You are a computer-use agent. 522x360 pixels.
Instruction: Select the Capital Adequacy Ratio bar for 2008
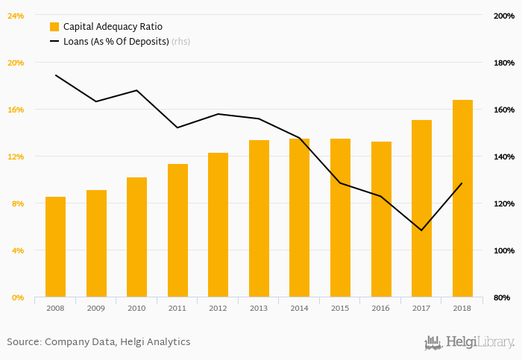tap(55, 247)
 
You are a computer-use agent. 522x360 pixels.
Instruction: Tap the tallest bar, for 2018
tap(462, 198)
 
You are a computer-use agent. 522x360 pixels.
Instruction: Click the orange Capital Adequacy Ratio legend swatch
tap(54, 27)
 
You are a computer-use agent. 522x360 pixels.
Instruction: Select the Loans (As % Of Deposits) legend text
tap(116, 42)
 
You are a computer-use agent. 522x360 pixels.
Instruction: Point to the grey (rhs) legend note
tap(180, 42)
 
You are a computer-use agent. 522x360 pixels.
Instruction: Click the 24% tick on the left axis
tap(16, 16)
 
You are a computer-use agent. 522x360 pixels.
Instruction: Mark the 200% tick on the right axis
tap(503, 16)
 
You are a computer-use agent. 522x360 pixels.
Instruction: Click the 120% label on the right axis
tap(503, 203)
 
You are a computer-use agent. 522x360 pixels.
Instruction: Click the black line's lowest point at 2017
tap(421, 230)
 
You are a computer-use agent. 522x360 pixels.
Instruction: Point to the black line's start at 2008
tap(56, 75)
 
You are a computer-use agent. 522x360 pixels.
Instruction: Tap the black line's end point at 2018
tap(462, 183)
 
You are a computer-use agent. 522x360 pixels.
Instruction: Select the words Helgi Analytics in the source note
tap(158, 342)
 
